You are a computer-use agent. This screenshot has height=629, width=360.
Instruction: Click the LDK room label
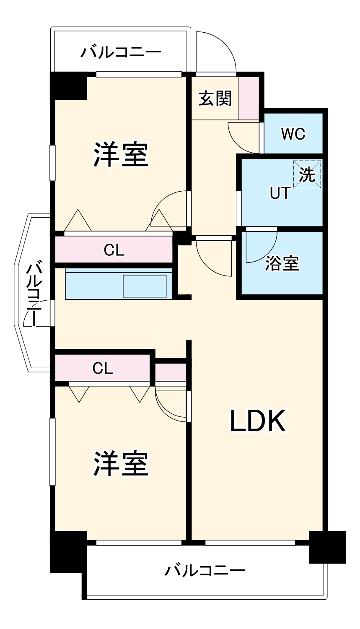coord(258,421)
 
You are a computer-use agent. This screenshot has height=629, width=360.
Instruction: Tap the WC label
coord(293,134)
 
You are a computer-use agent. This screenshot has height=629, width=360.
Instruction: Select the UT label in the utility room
coord(280,193)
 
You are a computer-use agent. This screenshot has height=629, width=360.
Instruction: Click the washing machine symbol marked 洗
coord(307,174)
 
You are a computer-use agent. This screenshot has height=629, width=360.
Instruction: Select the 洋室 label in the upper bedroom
coord(121,154)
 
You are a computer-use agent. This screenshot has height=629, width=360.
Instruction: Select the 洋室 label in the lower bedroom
coord(121,464)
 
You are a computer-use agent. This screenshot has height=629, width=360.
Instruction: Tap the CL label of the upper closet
coord(114,250)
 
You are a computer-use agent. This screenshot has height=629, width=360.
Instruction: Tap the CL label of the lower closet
coord(103,368)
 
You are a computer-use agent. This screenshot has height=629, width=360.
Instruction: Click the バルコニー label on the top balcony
coord(121,53)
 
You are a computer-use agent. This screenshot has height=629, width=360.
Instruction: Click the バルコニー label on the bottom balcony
coord(205,571)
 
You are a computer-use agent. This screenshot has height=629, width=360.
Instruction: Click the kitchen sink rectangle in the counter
coord(145,286)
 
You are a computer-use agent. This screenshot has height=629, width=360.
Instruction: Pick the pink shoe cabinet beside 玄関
coord(249,98)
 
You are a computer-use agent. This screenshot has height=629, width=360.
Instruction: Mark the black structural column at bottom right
coord(327,547)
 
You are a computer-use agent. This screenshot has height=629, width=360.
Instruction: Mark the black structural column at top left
coord(68,86)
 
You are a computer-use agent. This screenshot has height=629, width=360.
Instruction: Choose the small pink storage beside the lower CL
coord(170,372)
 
